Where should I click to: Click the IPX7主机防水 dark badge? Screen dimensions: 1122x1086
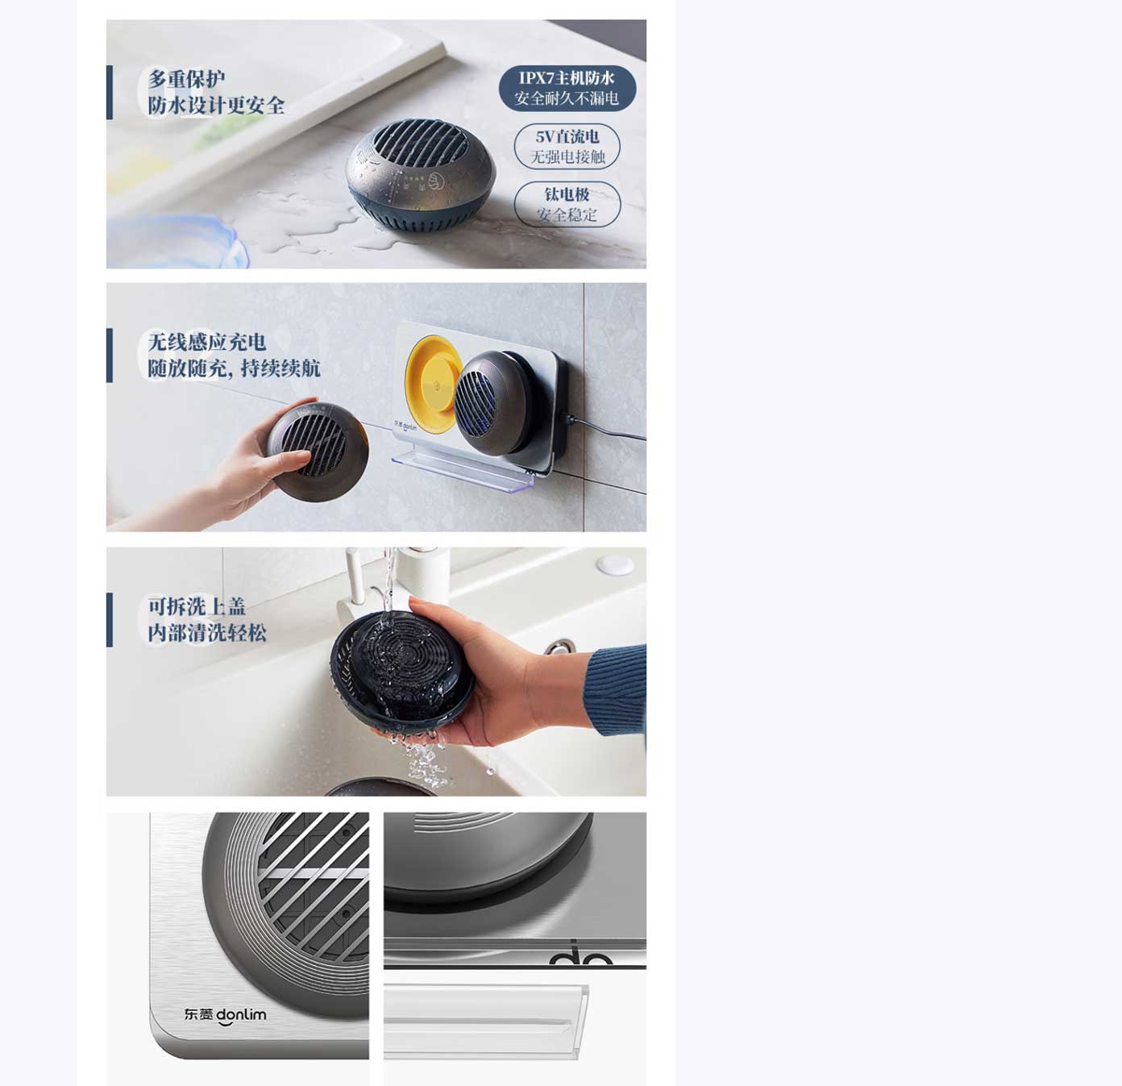coord(567,88)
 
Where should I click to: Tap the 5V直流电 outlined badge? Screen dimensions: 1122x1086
coord(567,147)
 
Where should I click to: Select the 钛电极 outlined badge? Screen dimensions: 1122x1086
coord(567,205)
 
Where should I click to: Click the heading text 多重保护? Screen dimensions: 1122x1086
coord(186,79)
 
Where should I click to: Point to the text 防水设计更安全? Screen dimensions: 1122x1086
coord(216,106)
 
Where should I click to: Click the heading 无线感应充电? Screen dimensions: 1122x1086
coord(206,342)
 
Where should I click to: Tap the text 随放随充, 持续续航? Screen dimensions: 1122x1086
coord(234,368)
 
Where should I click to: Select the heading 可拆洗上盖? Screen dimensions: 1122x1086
coord(197,606)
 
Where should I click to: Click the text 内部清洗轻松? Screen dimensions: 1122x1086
coord(206,633)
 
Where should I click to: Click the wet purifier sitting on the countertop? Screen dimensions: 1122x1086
coord(421,175)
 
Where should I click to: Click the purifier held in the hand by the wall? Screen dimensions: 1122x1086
coord(317,451)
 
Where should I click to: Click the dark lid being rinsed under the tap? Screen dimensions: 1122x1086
coord(402,668)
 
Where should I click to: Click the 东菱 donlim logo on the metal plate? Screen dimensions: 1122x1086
coord(226,1016)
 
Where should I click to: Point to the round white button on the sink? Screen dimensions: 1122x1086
coord(615,564)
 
